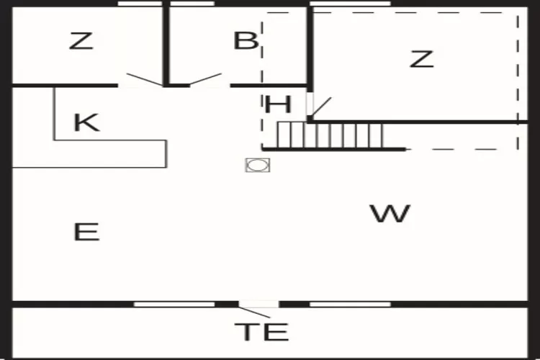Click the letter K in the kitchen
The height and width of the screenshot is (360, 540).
86,122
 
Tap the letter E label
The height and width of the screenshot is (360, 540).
86,232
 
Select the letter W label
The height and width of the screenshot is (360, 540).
390,213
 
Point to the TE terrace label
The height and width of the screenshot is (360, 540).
262,332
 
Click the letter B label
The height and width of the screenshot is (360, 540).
246,41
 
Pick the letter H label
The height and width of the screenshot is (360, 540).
278,105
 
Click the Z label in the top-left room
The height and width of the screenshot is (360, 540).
81,41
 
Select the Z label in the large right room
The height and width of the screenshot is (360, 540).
422,59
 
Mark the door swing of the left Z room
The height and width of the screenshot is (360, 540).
145,79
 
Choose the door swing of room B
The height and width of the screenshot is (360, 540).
204,78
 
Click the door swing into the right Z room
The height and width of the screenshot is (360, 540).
321,108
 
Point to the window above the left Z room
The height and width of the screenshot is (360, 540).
140,4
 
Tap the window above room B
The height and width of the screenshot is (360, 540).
193,4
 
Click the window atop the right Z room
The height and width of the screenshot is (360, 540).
350,4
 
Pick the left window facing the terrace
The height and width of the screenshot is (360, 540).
174,305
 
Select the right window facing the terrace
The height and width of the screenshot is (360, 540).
350,305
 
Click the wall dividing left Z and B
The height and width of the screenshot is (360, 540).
166,43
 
